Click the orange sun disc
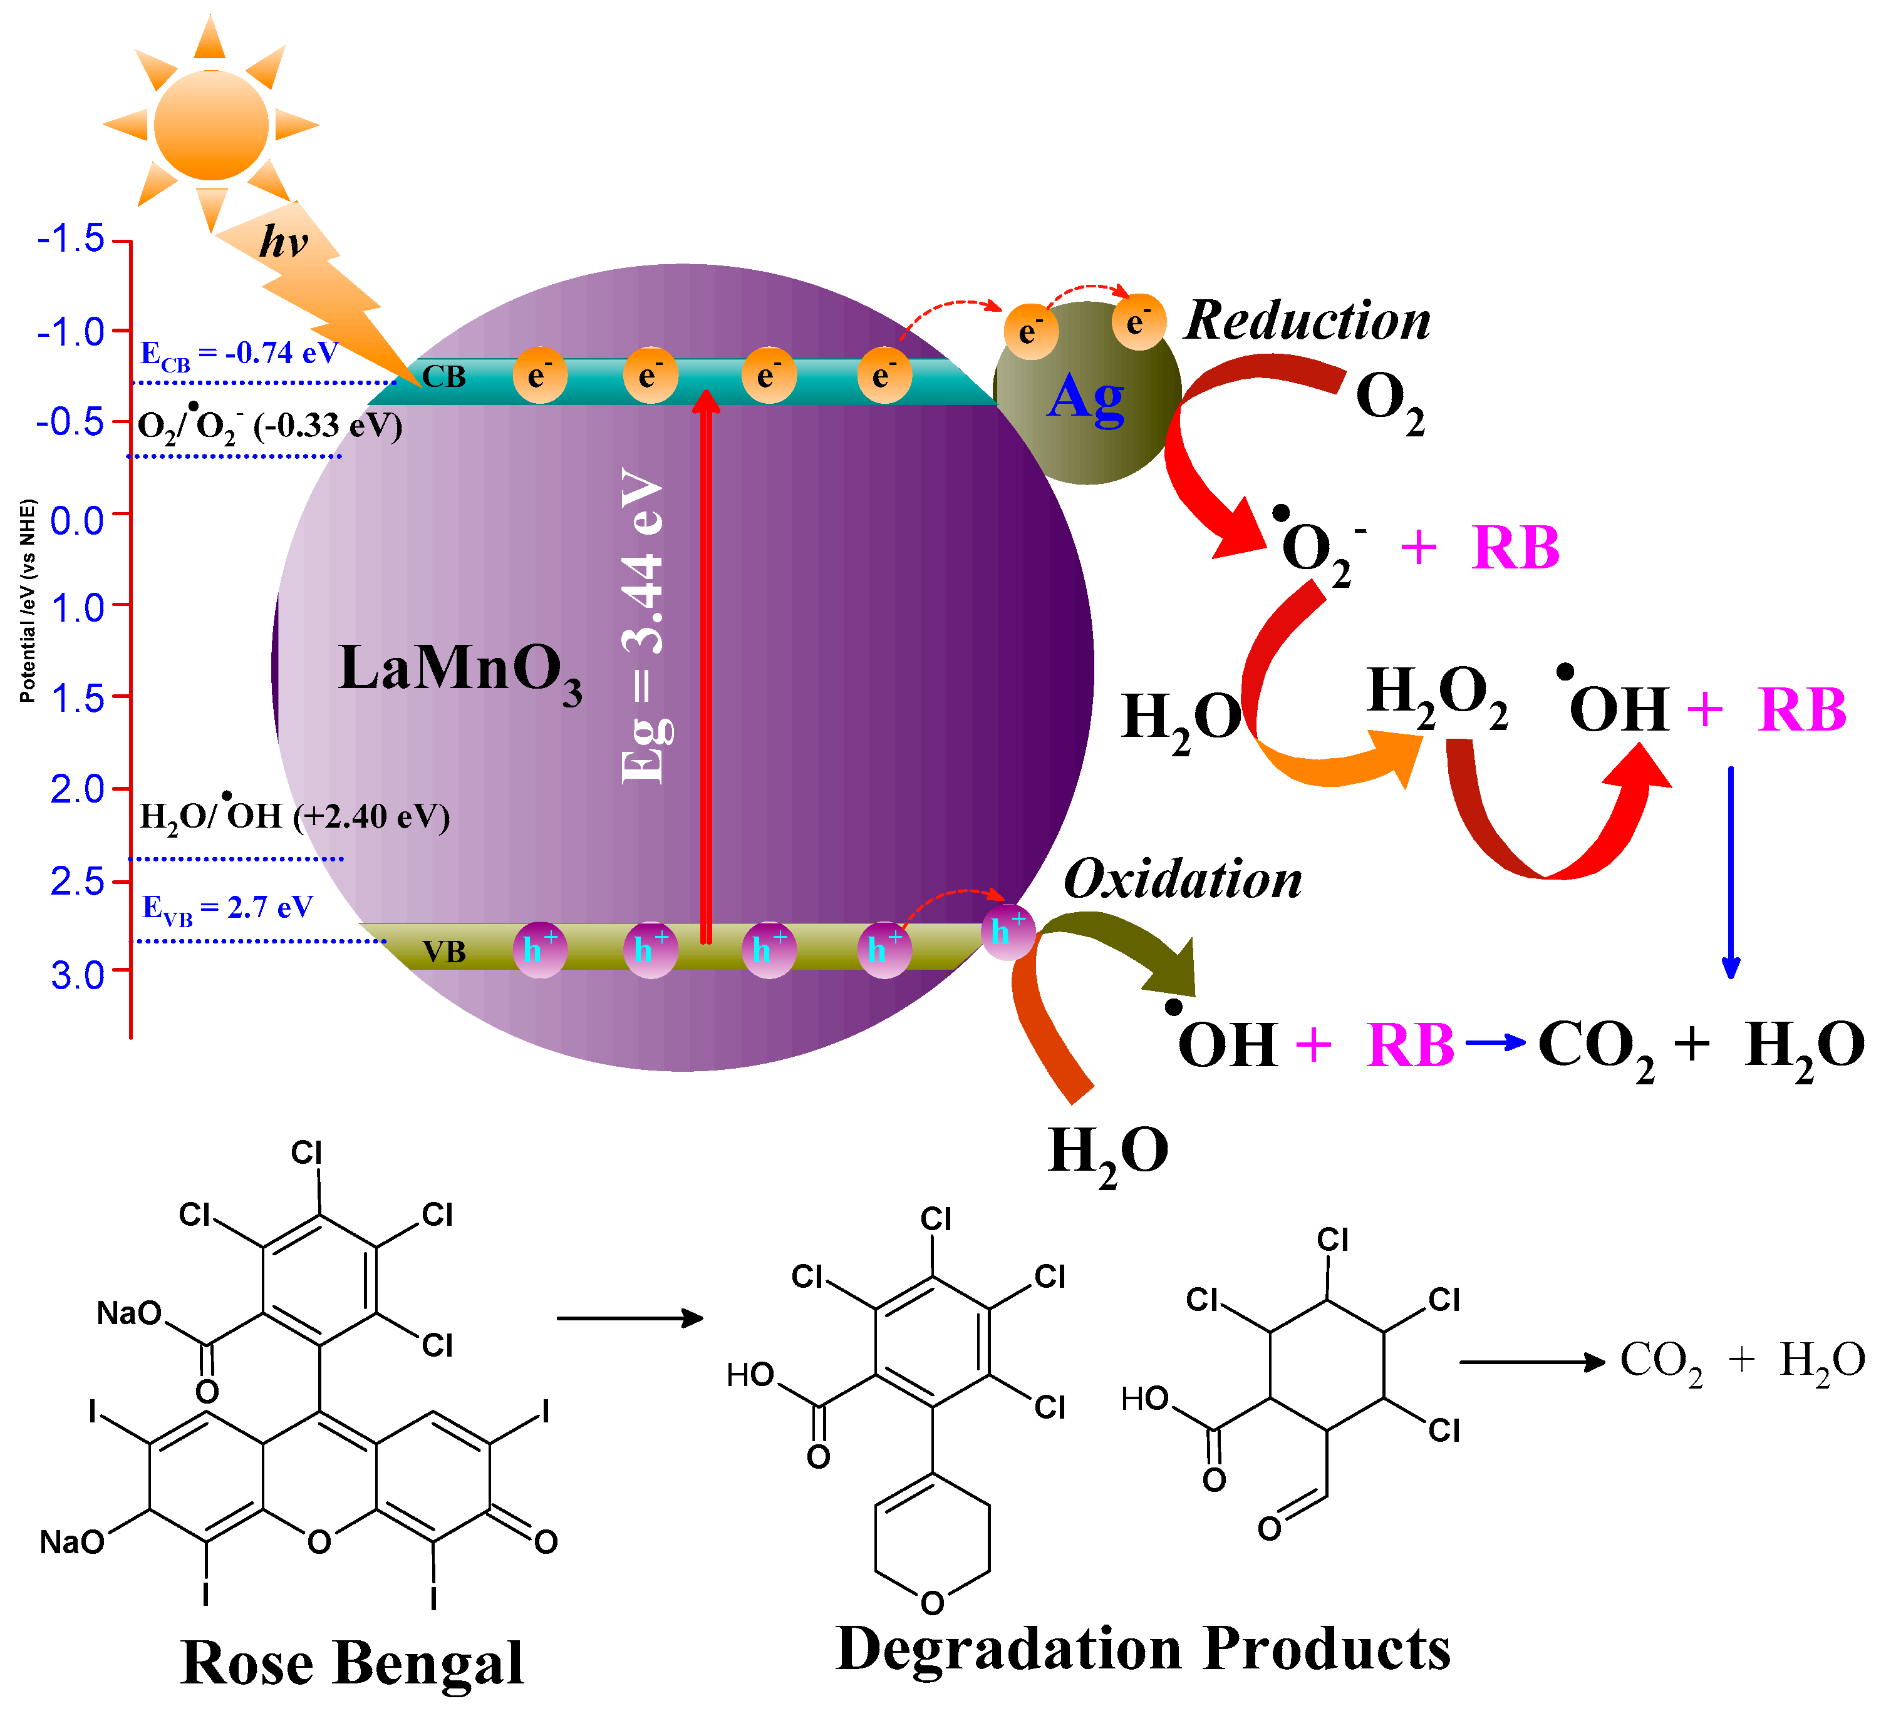212,125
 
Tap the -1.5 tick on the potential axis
71,239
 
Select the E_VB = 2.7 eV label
227,908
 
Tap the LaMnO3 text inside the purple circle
459,670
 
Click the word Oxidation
1183,879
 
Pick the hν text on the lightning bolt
284,242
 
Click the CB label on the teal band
443,377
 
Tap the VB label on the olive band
443,952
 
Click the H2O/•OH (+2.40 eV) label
294,816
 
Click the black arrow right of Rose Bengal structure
630,1318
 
